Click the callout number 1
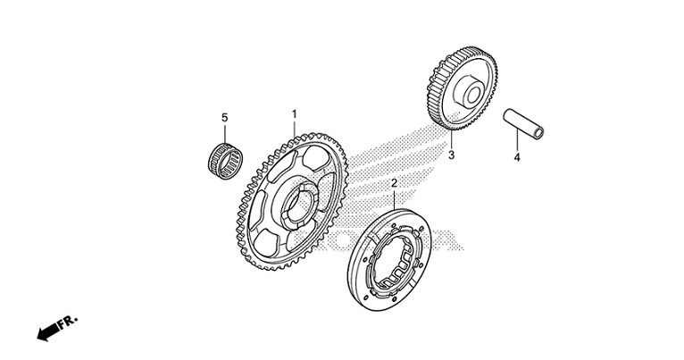(294, 114)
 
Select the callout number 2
(394, 183)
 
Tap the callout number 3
(452, 155)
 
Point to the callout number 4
(517, 157)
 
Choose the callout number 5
(225, 117)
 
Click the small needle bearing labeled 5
(225, 161)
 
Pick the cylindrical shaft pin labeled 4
(523, 123)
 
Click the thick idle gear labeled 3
(463, 88)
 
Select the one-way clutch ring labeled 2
(389, 260)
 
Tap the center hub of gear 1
(299, 206)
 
